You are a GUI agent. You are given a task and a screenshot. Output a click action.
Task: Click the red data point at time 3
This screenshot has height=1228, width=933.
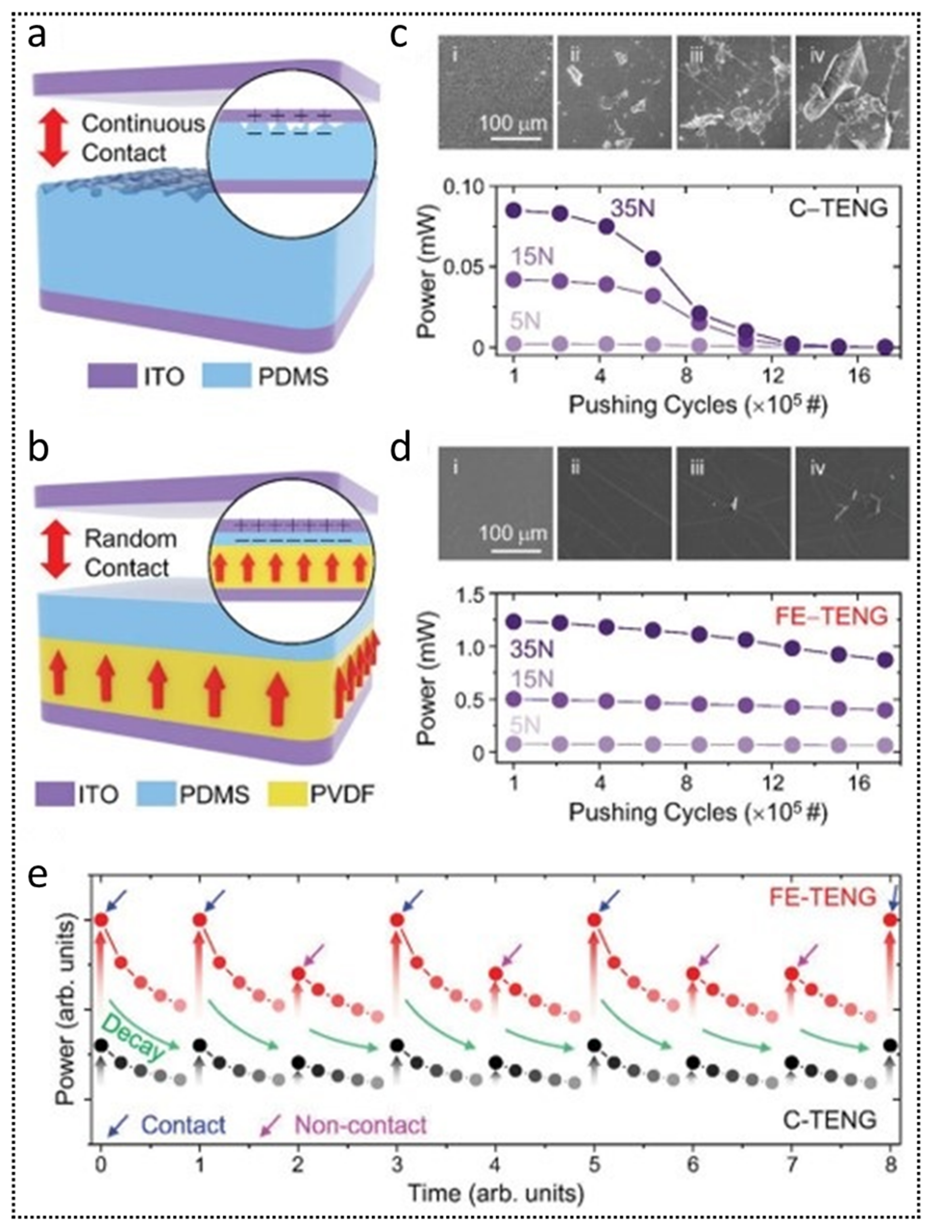coord(397,920)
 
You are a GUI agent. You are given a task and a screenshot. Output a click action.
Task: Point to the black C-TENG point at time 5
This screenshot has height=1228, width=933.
coord(594,1044)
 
